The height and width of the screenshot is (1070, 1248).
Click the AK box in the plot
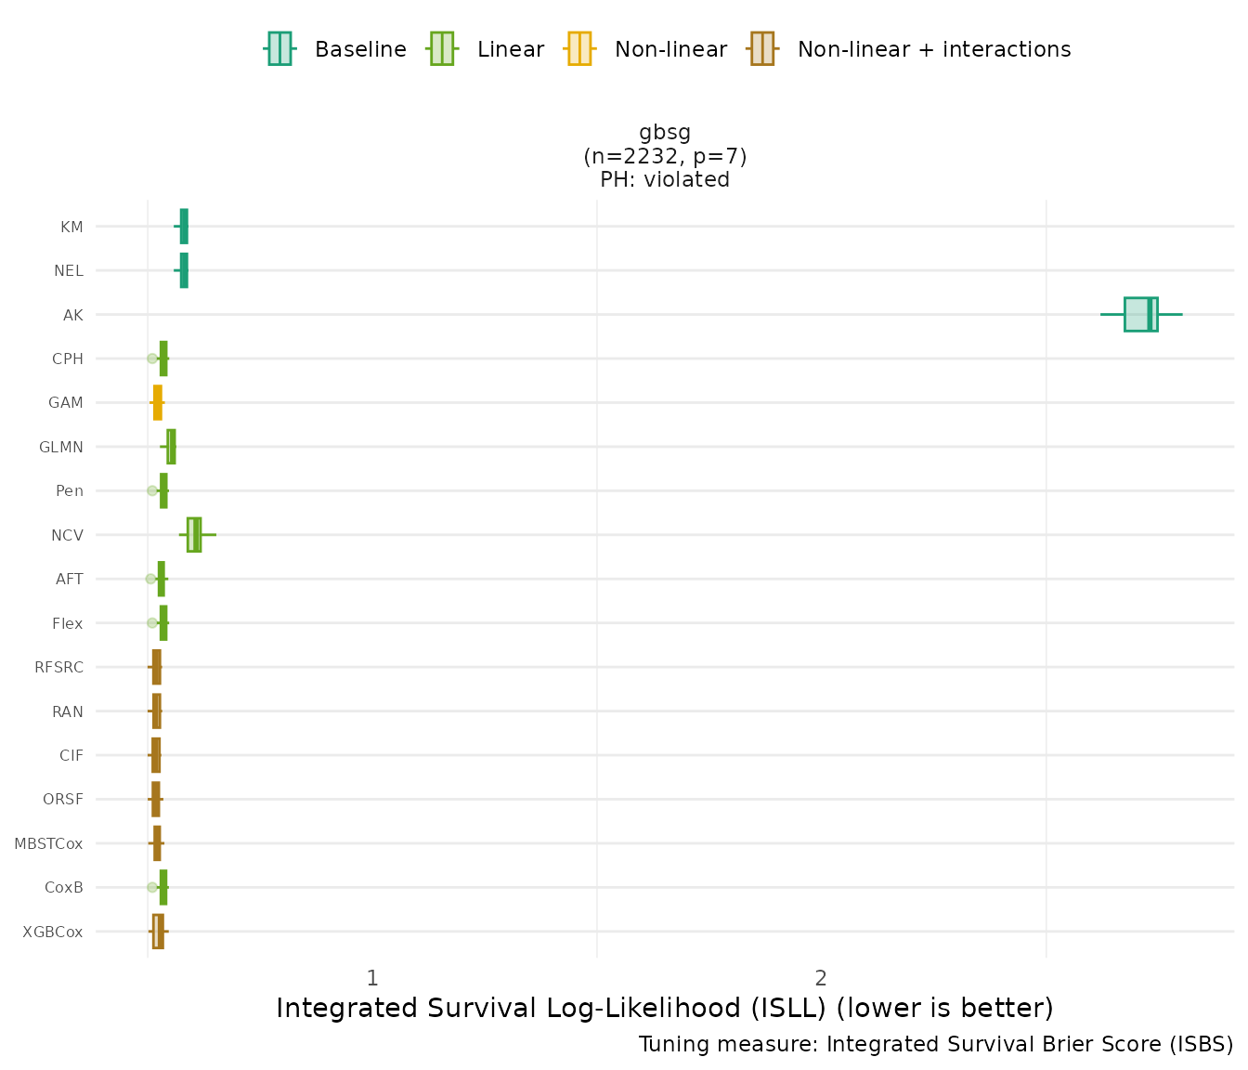(x=1140, y=314)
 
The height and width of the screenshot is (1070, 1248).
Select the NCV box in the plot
(x=194, y=535)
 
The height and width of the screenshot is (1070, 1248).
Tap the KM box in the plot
(x=184, y=226)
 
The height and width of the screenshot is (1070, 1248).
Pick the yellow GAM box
(x=158, y=402)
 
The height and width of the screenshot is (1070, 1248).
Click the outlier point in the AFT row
(x=150, y=579)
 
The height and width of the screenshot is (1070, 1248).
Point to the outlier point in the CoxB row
(x=152, y=887)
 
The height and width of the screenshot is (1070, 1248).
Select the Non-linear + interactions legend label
(x=933, y=49)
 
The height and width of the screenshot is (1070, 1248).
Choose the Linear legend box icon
(x=441, y=48)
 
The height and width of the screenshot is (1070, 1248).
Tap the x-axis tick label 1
(x=371, y=978)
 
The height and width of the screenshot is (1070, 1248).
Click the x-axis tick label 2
(x=821, y=978)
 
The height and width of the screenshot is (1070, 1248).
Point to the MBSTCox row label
(x=48, y=843)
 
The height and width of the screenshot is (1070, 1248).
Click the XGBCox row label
(x=53, y=932)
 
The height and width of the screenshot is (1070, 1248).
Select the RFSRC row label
(x=58, y=667)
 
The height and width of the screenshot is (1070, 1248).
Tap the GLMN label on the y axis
(x=61, y=447)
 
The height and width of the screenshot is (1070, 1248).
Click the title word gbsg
(x=665, y=132)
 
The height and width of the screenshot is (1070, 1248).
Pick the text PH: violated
(x=665, y=179)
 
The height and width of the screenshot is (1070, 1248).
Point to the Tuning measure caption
(x=935, y=1044)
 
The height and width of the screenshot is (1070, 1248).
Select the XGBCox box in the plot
(x=158, y=931)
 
